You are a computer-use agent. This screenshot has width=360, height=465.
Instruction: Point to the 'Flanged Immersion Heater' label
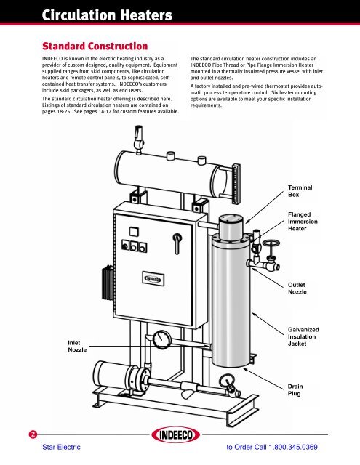coord(304,223)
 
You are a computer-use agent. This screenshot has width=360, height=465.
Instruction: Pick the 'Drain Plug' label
coord(297,391)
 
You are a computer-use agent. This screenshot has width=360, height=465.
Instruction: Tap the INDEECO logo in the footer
coord(180,439)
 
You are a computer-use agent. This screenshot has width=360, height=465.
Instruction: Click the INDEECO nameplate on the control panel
coord(151,277)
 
